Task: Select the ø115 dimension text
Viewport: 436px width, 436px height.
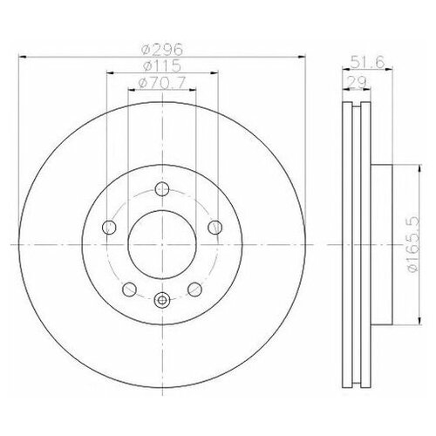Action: coord(162,65)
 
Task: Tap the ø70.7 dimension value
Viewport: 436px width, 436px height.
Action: coord(162,84)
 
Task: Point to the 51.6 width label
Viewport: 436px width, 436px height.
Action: coord(367,62)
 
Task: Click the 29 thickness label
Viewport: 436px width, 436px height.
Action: coord(357,83)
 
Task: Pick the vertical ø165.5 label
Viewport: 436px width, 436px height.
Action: coord(412,244)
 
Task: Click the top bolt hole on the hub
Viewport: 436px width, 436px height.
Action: coord(162,189)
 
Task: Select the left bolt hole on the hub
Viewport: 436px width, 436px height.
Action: coord(109,227)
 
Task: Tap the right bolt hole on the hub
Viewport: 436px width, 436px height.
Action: coord(215,227)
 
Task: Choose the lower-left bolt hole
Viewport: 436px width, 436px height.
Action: coord(129,289)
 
